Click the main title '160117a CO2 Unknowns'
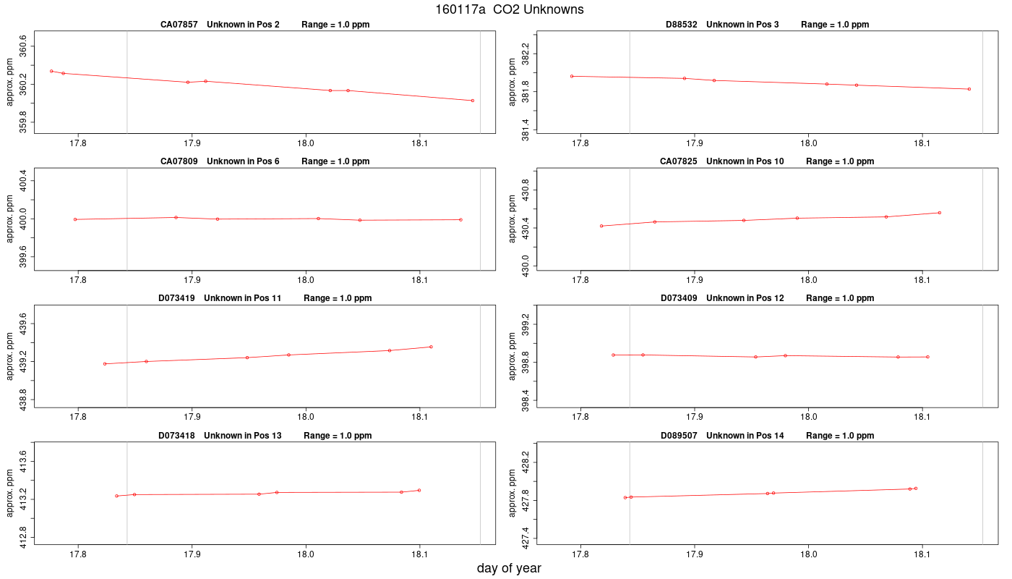(509, 9)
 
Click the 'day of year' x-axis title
(509, 568)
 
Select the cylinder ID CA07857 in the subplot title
(179, 25)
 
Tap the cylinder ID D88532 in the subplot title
(681, 25)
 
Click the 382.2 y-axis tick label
(526, 54)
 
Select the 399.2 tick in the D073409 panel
(526, 324)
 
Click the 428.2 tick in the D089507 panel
(526, 462)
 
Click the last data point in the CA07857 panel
(473, 101)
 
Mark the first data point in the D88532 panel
(572, 76)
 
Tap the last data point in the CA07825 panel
(939, 213)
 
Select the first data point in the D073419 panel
(105, 363)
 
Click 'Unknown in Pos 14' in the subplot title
(745, 436)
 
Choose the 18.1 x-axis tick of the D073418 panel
(419, 554)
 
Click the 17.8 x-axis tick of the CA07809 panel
(78, 281)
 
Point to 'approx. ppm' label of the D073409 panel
(512, 356)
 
